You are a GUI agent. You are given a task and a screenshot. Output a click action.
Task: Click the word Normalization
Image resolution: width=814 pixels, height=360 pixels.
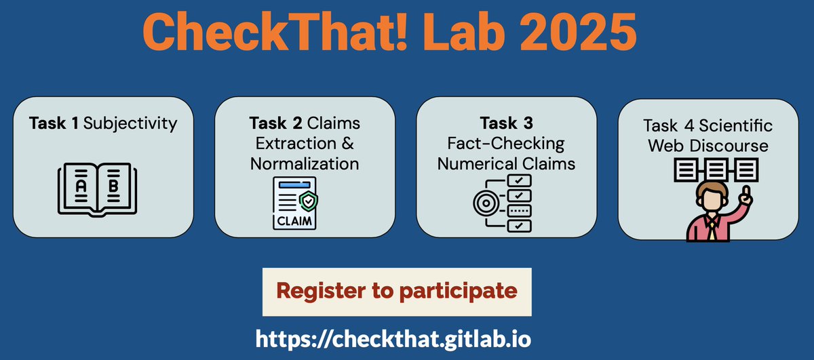coord(304,163)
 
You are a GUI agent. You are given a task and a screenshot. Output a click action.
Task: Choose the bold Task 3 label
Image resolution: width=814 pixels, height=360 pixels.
coord(506,123)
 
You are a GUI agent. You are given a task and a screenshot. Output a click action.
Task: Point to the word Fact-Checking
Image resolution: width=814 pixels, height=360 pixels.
coord(506,144)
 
